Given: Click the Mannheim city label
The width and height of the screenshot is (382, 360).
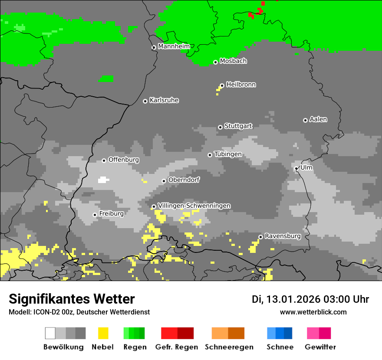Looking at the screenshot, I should (174, 46).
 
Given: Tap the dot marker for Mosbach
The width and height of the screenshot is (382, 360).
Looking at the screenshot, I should (215, 62).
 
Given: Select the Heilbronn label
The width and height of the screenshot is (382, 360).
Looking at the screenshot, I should (241, 85).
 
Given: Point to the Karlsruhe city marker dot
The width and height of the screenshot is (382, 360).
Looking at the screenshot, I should (145, 101).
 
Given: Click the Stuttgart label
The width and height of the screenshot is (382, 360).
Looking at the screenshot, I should (238, 126).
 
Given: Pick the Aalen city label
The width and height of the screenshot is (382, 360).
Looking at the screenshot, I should (318, 119).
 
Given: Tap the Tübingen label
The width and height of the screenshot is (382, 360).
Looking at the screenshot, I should (228, 154).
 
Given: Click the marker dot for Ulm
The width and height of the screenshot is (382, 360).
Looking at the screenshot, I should (296, 168).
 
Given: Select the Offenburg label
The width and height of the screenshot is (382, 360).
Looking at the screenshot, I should (124, 160).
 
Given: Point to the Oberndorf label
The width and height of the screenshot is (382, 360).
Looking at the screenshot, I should (184, 180).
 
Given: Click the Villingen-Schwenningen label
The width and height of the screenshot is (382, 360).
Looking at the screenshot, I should (194, 206).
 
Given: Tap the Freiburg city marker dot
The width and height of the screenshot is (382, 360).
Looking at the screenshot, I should (95, 215).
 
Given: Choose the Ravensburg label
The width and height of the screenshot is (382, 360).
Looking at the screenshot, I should (283, 236).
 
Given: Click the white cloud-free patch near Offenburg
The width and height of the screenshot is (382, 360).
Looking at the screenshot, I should (103, 180).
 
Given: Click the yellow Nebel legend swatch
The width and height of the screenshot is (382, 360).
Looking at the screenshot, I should (103, 333).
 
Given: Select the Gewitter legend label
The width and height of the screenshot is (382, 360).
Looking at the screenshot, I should (320, 347).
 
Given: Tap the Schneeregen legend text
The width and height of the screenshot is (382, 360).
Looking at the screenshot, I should (229, 347).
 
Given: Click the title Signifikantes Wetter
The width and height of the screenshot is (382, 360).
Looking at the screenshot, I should (72, 299).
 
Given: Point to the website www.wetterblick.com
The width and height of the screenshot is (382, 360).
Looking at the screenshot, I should (313, 312).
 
